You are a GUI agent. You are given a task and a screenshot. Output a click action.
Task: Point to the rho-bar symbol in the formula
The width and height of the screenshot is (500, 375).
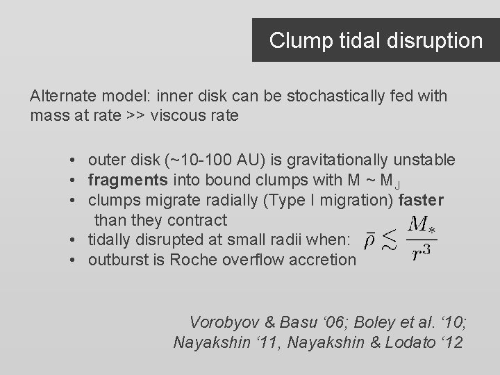tap(372, 242)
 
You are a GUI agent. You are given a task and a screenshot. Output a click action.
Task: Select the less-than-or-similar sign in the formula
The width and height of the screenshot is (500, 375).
tap(394, 241)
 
